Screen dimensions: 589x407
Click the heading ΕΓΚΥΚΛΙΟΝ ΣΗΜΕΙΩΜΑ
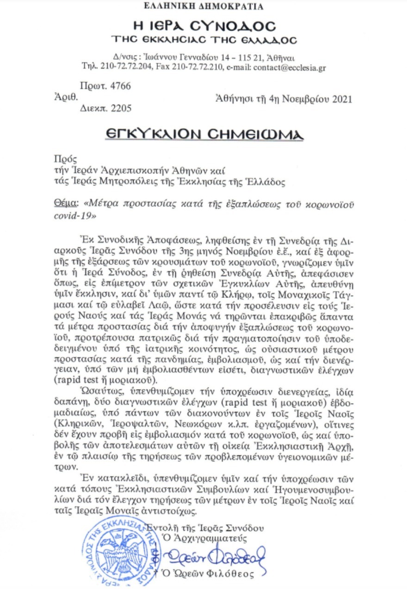tap(203, 134)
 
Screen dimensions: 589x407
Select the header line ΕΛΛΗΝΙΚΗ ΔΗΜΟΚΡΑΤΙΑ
tap(203, 6)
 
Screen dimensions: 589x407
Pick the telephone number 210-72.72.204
tap(123, 67)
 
